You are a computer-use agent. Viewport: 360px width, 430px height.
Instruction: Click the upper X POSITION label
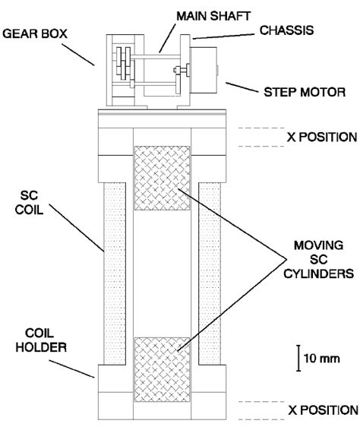[321, 138]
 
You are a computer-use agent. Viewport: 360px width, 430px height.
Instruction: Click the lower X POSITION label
[321, 409]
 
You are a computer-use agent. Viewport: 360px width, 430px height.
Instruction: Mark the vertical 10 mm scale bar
[297, 357]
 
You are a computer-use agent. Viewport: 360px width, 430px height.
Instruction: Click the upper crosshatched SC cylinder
[161, 179]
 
